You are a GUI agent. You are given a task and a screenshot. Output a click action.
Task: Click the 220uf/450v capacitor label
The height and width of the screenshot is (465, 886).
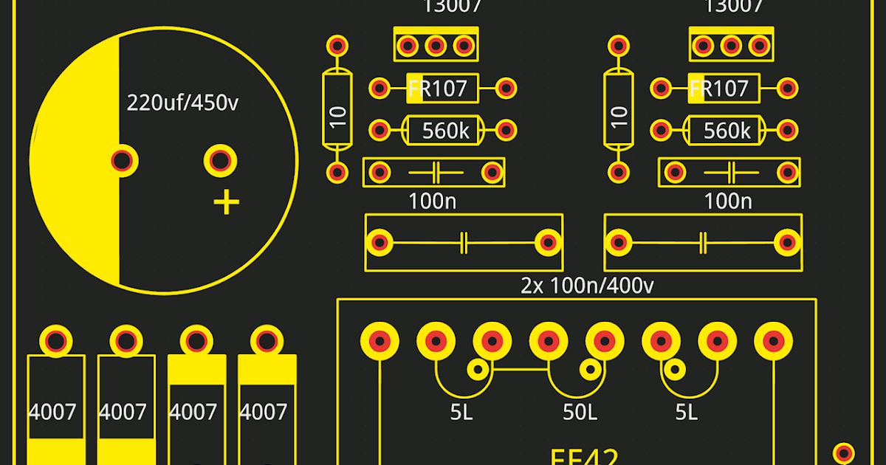coord(182,103)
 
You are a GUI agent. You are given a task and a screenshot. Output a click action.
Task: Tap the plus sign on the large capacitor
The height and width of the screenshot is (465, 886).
coord(227,202)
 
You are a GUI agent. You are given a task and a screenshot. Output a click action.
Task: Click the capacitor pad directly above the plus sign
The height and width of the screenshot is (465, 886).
coord(220,159)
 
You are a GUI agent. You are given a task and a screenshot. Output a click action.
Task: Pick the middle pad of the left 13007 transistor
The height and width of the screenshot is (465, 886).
coord(435,46)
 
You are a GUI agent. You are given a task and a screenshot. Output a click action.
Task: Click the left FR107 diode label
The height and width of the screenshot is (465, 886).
coord(439,89)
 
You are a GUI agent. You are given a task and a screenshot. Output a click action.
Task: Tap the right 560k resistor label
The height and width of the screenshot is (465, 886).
coord(727,131)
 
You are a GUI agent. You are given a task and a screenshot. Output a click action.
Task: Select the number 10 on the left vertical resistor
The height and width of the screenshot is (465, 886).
coord(338,117)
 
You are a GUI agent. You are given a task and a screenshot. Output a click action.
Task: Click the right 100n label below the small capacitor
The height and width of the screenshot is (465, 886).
coord(728,201)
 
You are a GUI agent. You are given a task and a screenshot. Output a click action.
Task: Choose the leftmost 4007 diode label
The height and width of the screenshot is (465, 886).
coord(52,411)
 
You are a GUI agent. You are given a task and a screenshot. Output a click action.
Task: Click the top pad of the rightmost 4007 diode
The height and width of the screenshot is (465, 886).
coord(266,341)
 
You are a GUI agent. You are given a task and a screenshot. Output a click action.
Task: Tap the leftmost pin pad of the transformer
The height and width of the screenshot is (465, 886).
coord(380,340)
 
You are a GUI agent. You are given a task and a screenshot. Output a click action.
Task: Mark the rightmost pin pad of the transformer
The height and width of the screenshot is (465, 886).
coord(773,340)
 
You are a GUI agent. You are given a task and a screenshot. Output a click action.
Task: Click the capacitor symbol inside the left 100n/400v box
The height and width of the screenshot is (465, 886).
coord(464,242)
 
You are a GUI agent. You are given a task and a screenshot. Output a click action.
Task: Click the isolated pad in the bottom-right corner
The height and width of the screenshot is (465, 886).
coord(844,452)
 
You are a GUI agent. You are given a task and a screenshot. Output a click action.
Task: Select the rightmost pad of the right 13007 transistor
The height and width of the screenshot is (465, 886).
coord(758,46)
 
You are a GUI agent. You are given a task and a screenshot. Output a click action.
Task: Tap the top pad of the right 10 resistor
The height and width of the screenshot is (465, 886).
coord(618,46)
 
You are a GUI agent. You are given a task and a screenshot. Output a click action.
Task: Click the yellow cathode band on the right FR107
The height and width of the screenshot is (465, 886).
coord(696,89)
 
